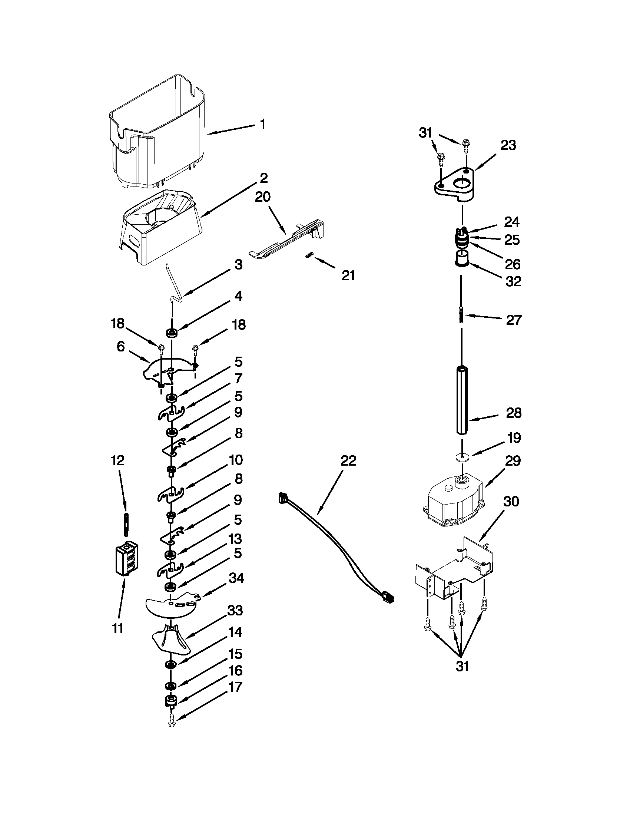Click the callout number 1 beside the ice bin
262,125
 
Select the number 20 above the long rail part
262,197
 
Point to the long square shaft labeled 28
462,400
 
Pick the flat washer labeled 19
462,457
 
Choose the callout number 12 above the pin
117,460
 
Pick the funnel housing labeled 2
160,228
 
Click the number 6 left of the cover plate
120,347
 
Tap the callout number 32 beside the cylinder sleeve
513,281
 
